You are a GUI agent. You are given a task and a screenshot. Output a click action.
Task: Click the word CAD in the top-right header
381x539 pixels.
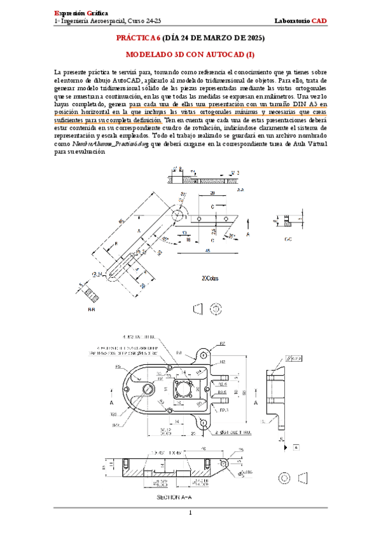tap(319, 21)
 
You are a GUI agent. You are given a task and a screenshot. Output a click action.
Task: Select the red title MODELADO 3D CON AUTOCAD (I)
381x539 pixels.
tap(190, 55)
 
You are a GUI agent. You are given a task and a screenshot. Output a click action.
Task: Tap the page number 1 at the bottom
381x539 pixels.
tap(190, 512)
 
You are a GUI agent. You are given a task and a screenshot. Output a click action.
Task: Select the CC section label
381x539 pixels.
tap(288, 240)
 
